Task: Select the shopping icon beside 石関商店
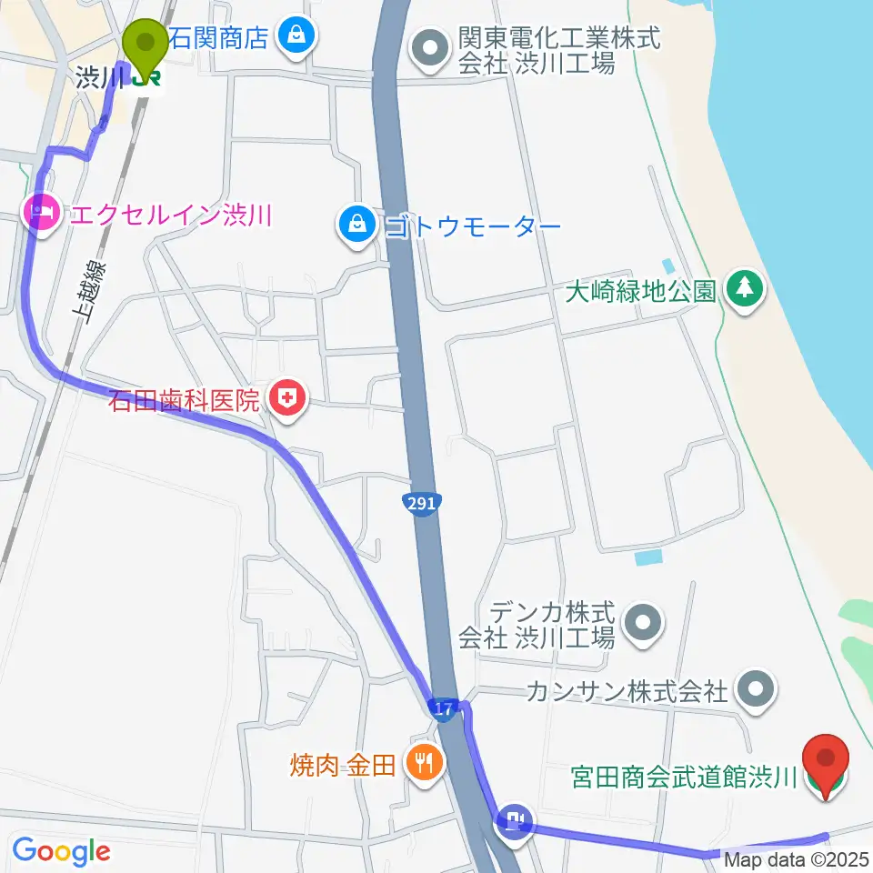[x=296, y=37]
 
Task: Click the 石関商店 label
[x=219, y=37]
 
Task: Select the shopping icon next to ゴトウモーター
[x=358, y=224]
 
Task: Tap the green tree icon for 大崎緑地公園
[x=746, y=291]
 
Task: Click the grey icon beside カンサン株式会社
[x=755, y=691]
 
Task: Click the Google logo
[x=61, y=851]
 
